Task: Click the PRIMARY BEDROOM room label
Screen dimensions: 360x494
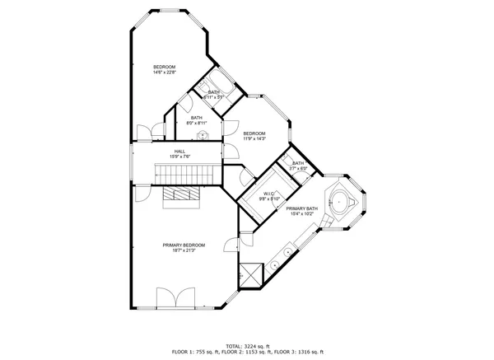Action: pos(184,245)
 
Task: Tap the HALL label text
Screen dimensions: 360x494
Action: pos(179,151)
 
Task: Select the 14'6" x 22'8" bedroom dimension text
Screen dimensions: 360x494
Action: pos(165,72)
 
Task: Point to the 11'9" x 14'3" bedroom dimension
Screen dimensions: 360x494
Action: pos(254,139)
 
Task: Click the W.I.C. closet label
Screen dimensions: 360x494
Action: pos(269,194)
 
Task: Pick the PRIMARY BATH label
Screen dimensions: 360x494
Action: pos(301,208)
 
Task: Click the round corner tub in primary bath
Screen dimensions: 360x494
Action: pos(339,199)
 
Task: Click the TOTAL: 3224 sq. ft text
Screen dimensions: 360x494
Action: pos(247,345)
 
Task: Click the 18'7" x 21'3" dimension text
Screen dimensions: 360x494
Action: pos(184,250)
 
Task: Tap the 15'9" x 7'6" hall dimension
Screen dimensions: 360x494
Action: pos(179,157)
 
